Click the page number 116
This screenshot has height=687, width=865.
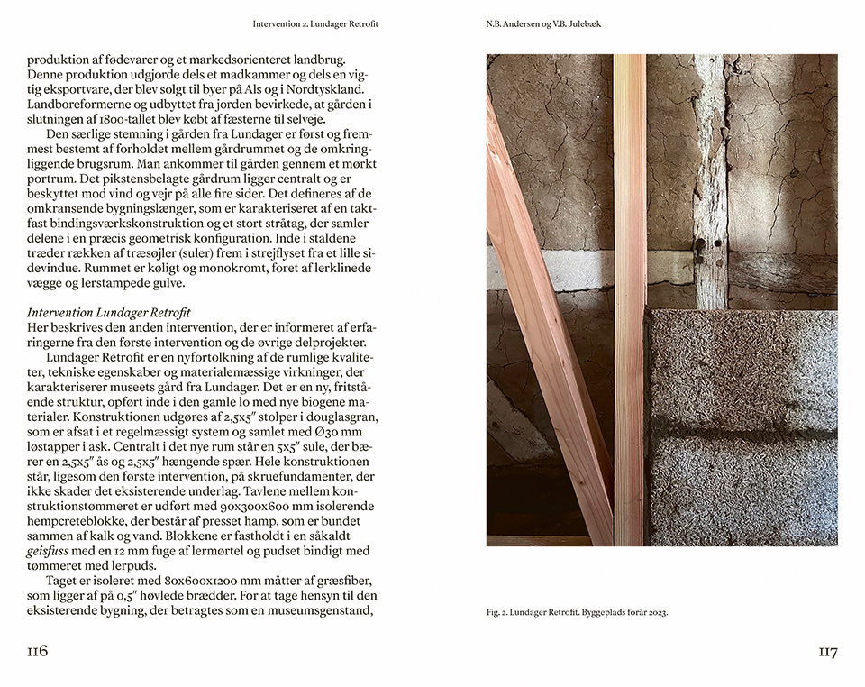pos(37,652)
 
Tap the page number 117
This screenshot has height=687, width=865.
pos(827,652)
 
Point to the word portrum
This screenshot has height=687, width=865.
pos(52,180)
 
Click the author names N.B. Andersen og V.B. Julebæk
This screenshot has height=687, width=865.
pos(537,23)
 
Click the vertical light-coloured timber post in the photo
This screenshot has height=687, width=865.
pos(630,298)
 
